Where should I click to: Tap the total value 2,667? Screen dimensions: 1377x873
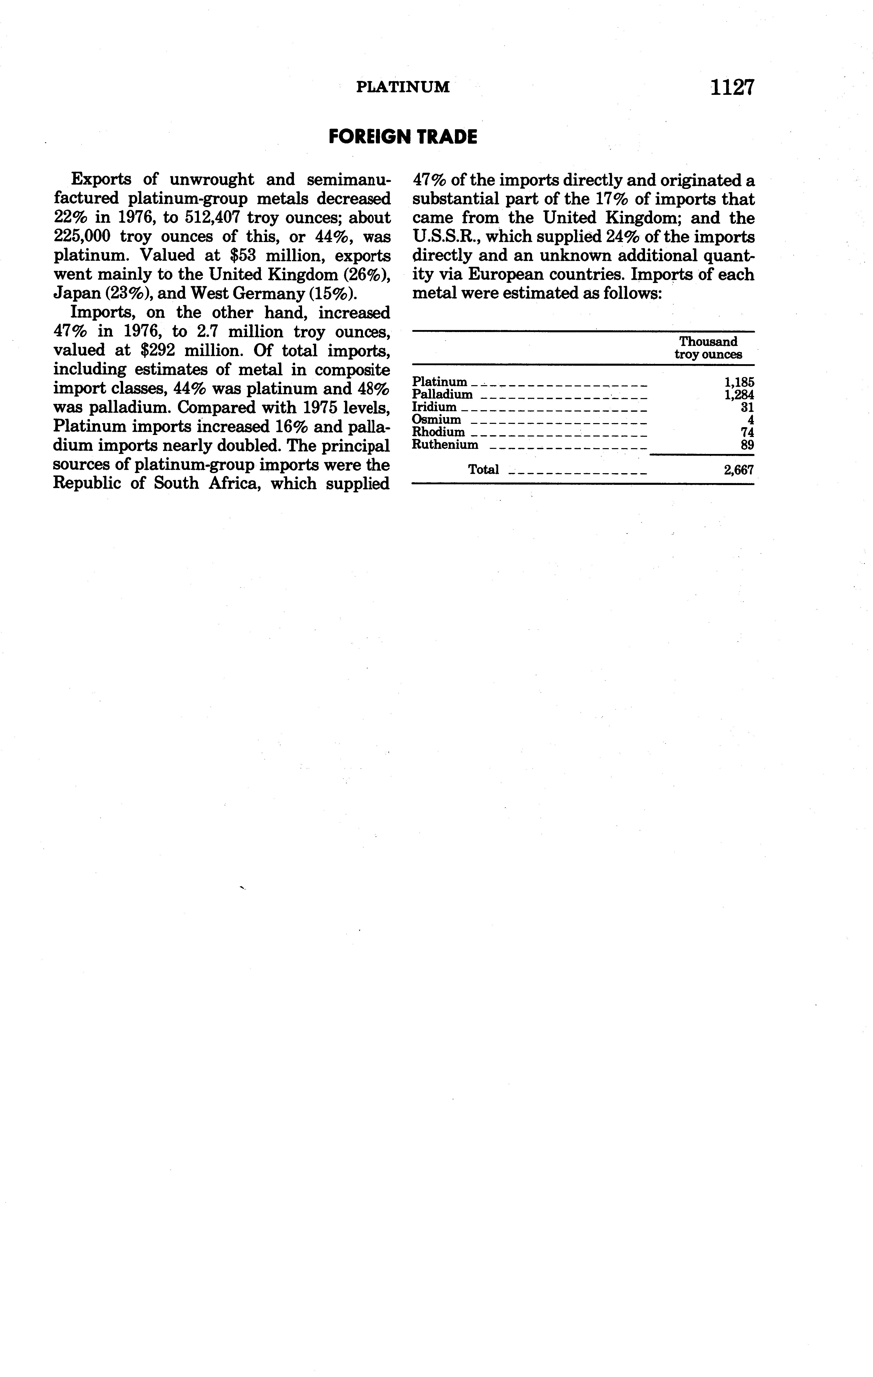(x=738, y=470)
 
